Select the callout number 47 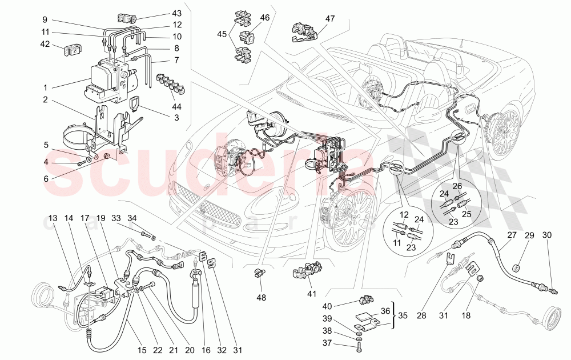pos(330,19)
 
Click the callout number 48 pos(261,297)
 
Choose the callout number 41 pos(311,294)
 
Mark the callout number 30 pos(547,235)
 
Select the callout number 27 pos(511,235)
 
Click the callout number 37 pos(343,343)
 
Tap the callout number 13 pos(53,218)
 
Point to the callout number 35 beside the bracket pos(404,314)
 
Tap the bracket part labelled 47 pos(302,33)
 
